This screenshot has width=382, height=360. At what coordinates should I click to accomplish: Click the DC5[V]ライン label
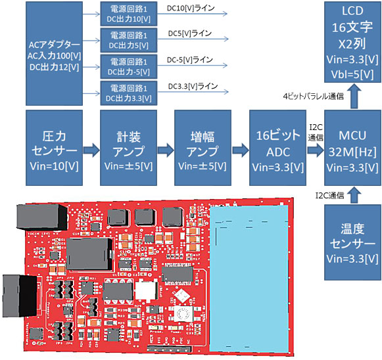tap(189, 33)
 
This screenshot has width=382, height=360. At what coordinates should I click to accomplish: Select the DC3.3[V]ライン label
tap(193, 85)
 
